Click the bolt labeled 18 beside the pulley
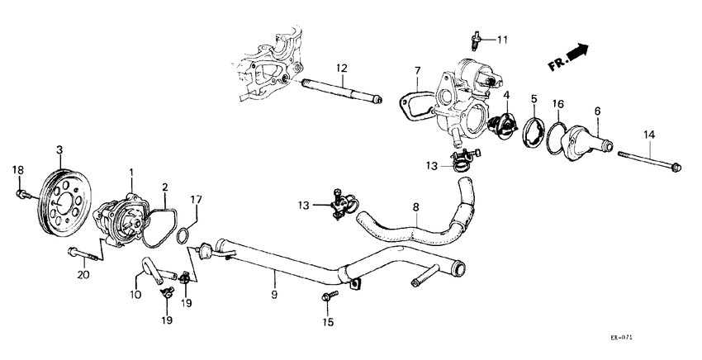point(21,194)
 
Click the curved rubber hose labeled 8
point(413,224)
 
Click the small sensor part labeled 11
point(477,39)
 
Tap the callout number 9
point(274,293)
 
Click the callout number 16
point(559,104)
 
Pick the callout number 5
point(534,99)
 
